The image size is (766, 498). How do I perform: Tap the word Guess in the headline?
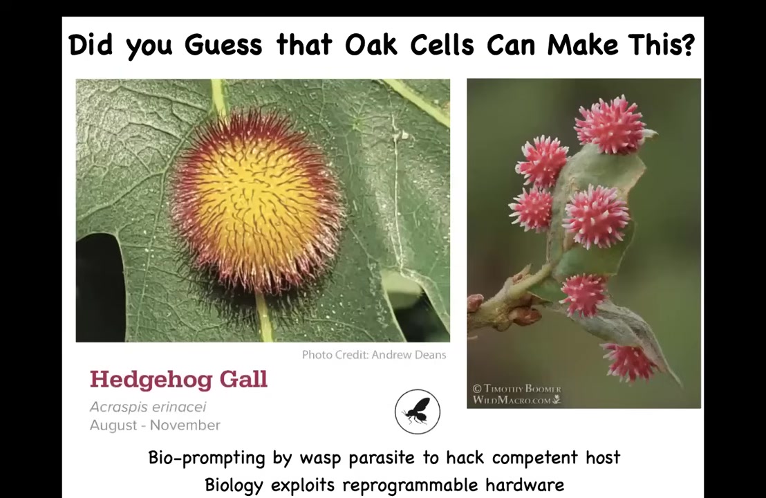click(223, 46)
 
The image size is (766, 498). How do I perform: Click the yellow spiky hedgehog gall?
click(256, 201)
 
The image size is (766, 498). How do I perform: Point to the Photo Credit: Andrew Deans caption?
click(374, 355)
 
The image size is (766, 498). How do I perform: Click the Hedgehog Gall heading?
click(178, 380)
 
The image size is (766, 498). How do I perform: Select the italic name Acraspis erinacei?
click(148, 407)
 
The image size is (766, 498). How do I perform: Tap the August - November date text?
click(155, 425)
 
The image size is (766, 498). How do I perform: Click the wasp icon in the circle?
click(417, 412)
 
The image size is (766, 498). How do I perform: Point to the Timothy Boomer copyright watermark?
click(517, 394)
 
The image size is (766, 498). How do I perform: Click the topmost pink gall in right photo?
click(610, 124)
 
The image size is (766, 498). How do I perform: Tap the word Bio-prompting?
click(207, 458)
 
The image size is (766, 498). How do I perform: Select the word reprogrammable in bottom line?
click(410, 486)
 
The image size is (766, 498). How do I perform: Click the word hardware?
click(525, 485)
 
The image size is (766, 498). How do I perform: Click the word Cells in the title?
click(442, 46)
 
